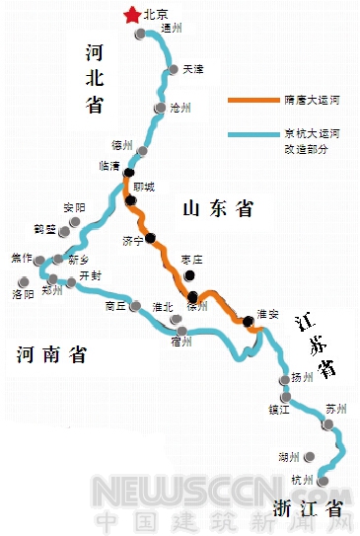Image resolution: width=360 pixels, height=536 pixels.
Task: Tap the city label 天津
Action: [193, 69]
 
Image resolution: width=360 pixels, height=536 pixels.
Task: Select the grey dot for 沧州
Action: [160, 108]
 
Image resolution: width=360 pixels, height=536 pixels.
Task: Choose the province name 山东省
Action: [218, 208]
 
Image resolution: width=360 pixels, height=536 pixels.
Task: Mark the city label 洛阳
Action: [24, 294]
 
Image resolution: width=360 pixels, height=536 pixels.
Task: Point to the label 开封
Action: [91, 275]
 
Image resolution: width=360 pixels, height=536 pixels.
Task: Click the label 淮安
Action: [266, 313]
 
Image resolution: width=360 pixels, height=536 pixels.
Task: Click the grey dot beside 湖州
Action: [310, 457]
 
